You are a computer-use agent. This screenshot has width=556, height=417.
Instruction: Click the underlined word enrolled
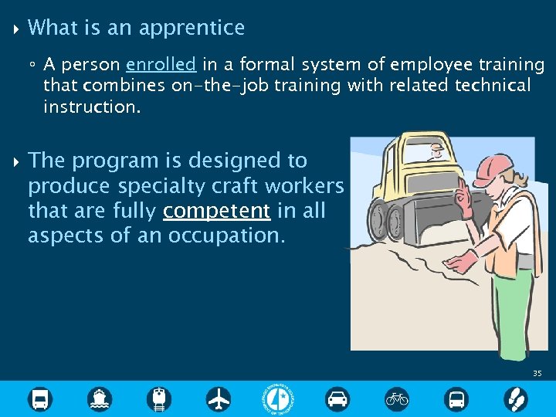point(161,64)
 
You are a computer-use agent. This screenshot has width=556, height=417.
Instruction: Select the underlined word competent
point(217,211)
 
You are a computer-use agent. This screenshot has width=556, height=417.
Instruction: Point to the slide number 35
point(537,374)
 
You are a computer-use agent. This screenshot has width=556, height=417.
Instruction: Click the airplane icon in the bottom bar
point(219,398)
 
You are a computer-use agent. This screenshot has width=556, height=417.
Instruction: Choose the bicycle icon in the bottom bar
point(397,398)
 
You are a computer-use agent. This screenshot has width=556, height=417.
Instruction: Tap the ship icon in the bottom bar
point(100,398)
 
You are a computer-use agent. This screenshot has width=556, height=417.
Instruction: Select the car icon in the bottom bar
point(337,398)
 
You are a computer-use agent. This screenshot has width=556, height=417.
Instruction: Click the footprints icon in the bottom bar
point(515,398)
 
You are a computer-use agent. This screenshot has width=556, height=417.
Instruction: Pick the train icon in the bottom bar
point(159,398)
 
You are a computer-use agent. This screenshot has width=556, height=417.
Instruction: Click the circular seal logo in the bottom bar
point(278,398)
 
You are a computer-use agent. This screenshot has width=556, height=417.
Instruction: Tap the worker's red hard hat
point(492,167)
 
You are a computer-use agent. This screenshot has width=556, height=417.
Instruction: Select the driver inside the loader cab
point(436,151)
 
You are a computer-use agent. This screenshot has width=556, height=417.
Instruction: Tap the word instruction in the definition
point(92,107)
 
